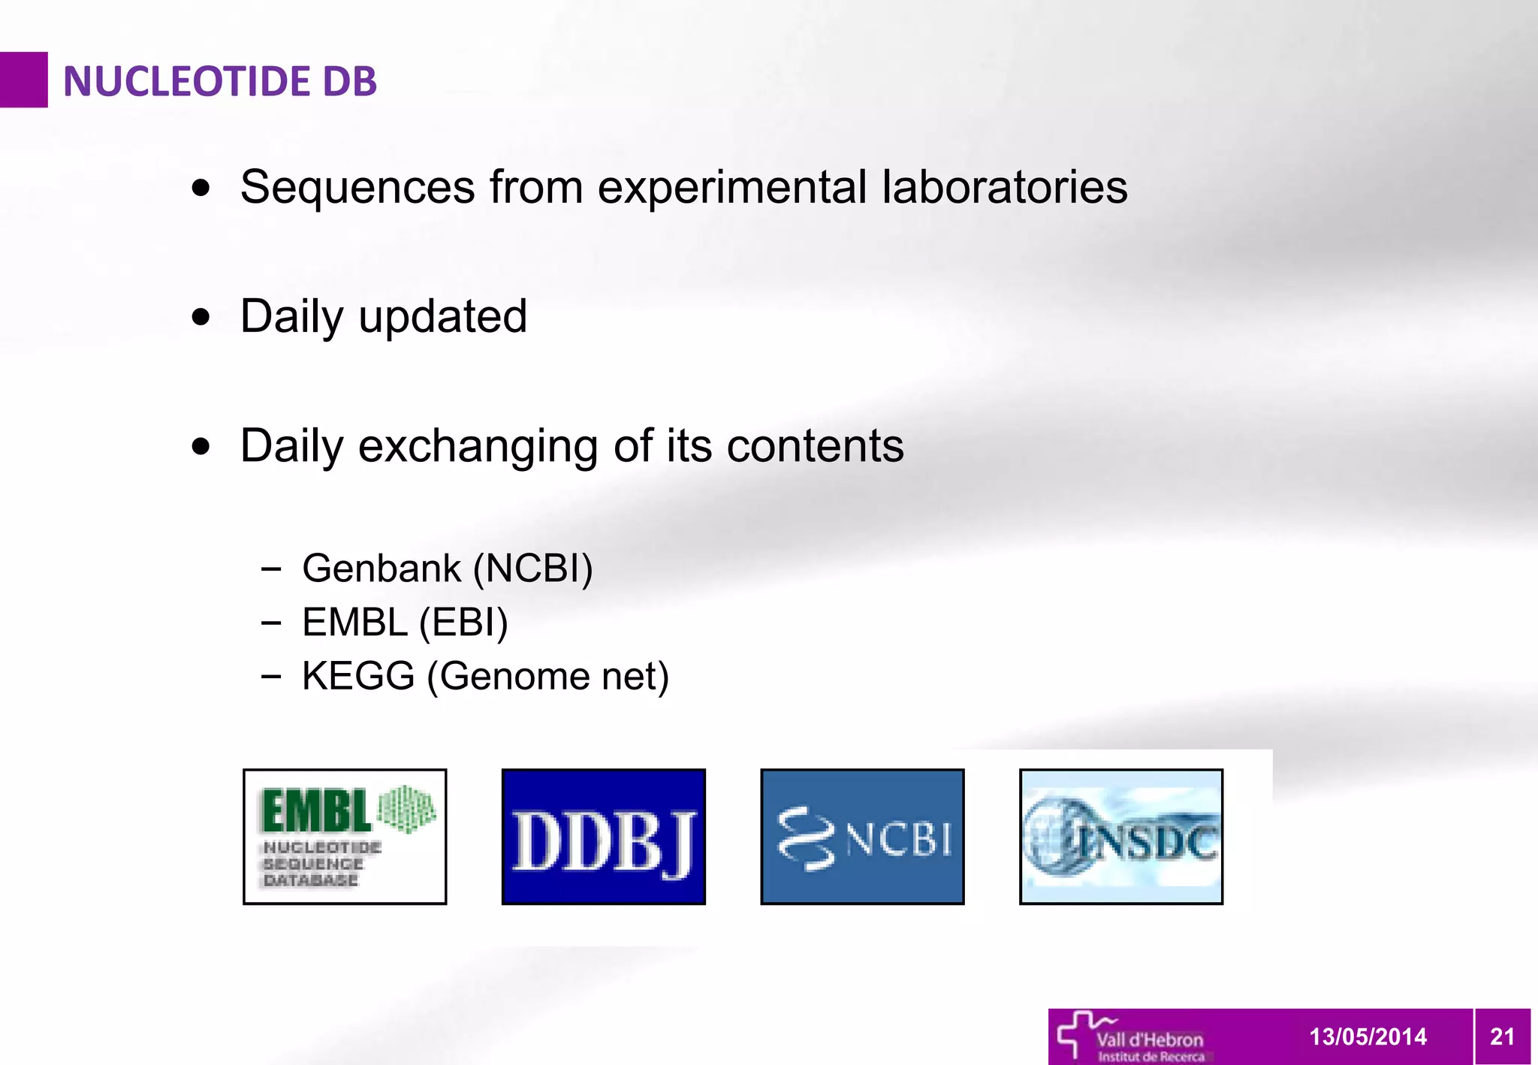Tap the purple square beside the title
[x=23, y=80]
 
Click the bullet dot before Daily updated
[x=201, y=317]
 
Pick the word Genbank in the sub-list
[x=381, y=568]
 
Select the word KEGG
[x=358, y=676]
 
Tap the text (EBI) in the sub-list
[x=463, y=623]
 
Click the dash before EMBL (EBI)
[x=271, y=622]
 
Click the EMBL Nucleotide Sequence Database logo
[x=345, y=836]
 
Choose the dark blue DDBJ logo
[x=603, y=836]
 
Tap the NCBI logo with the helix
[x=862, y=836]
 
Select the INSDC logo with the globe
[x=1120, y=836]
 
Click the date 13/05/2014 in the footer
[x=1368, y=1036]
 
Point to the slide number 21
[x=1502, y=1036]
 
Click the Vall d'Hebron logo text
[x=1149, y=1041]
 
